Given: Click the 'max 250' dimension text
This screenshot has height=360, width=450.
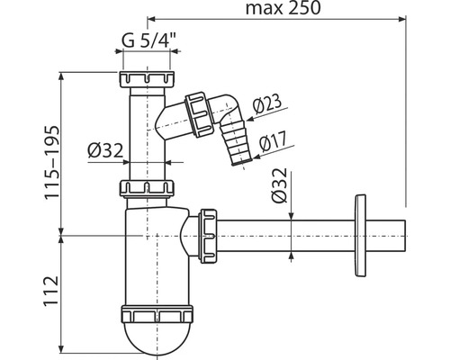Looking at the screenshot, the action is click(283, 8).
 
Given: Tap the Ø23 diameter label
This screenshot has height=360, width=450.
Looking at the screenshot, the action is click(267, 104).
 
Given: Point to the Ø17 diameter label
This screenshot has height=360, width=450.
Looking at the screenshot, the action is click(274, 141).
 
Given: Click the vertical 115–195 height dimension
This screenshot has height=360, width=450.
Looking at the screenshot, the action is click(51, 162).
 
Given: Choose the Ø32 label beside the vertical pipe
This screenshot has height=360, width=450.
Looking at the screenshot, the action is click(105, 150).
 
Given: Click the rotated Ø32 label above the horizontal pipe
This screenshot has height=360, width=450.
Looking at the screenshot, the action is click(279, 185).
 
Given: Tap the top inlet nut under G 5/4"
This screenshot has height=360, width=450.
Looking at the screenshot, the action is click(147, 79).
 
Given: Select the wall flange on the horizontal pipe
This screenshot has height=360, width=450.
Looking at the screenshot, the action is click(360, 236).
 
